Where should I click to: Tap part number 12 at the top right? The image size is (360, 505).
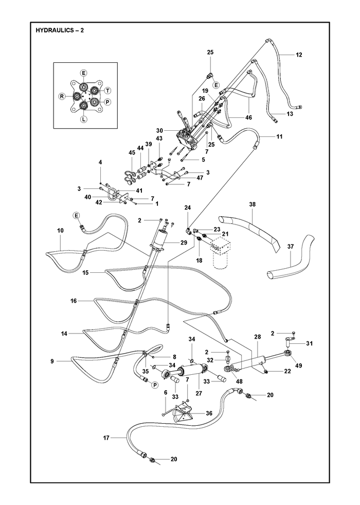[299, 55]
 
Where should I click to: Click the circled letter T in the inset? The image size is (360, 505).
[107, 90]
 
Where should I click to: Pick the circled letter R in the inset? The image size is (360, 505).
[61, 96]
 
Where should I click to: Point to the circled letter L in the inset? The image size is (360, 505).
[83, 119]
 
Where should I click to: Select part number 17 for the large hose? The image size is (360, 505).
[106, 438]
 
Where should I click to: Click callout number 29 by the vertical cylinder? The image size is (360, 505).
[184, 242]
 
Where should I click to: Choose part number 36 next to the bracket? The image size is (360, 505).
[209, 413]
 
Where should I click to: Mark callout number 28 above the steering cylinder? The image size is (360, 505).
[257, 337]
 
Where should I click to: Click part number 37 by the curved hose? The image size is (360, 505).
[291, 247]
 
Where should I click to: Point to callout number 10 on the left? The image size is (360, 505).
[61, 230]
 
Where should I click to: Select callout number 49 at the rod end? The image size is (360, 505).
[299, 365]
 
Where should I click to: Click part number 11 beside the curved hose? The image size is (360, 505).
[279, 136]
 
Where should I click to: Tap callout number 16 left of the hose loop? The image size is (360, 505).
[74, 301]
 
